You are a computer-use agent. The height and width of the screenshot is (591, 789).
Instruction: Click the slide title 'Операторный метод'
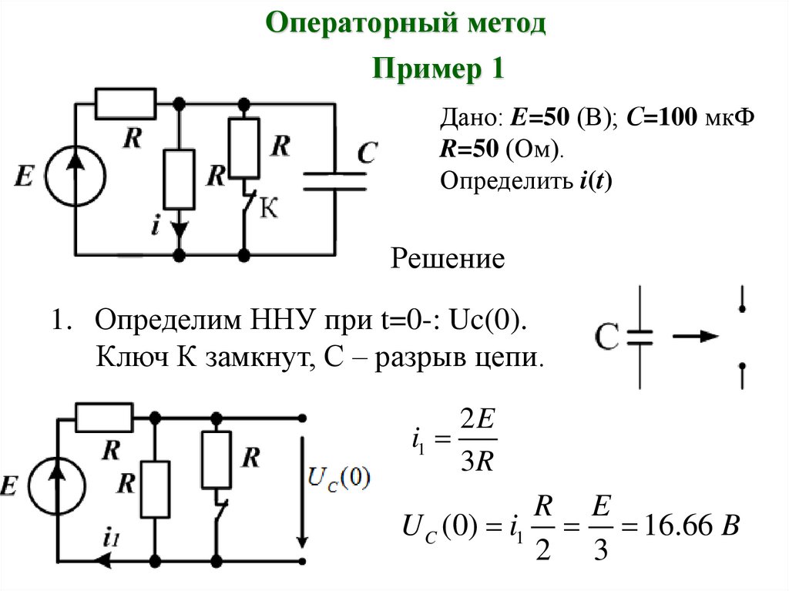tap(406, 23)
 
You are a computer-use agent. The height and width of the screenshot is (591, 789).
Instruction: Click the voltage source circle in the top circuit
tap(76, 177)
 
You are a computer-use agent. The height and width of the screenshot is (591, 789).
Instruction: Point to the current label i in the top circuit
tap(156, 226)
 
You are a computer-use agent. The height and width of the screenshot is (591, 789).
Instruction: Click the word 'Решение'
tap(448, 258)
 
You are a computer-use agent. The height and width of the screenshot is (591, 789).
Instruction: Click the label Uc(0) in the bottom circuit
tap(338, 477)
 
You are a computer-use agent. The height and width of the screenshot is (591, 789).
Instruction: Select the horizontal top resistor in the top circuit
tap(126, 104)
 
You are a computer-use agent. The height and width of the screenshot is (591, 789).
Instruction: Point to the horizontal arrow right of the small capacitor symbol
tap(694, 337)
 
